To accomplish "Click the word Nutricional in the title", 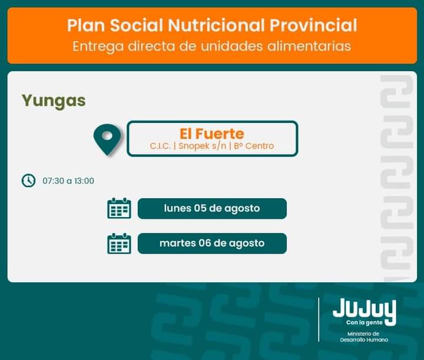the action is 216,25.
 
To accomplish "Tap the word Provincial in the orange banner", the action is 313,25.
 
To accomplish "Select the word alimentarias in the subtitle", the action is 309,46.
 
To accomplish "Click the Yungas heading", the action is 54,101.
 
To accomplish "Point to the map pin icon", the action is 107,139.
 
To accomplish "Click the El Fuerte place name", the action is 212,134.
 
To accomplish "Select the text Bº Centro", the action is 254,146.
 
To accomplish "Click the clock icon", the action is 28,181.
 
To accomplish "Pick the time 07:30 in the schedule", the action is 53,181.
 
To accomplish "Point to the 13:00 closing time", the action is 84,181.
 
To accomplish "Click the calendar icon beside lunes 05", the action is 119,208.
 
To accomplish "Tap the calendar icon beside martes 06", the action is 119,244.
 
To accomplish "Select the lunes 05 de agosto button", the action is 212,208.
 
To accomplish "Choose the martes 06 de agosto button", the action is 212,244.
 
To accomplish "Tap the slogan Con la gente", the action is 365,322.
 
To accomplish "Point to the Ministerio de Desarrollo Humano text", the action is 364,337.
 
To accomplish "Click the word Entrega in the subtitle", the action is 98,46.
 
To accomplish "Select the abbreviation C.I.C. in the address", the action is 160,146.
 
